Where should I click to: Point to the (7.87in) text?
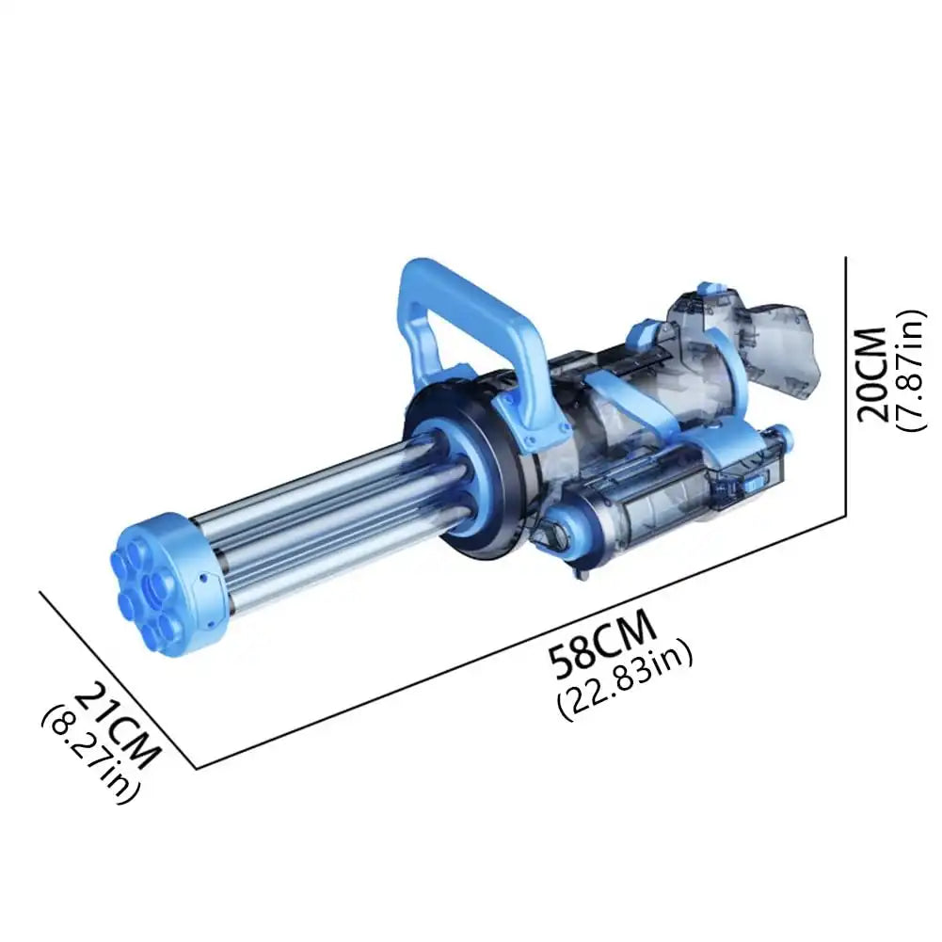[x=911, y=374]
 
